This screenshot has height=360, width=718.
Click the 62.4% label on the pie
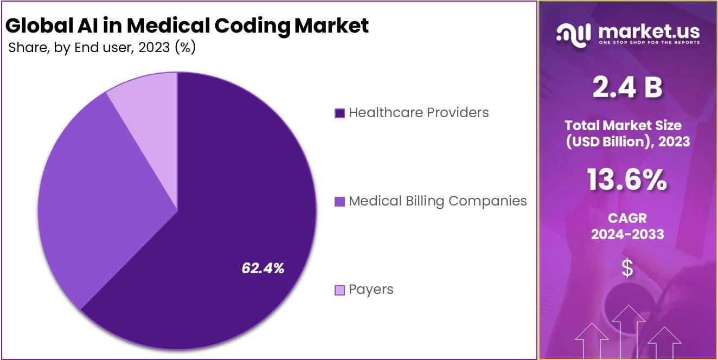pyautogui.click(x=263, y=268)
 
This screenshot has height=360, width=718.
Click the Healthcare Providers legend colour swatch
pyautogui.click(x=339, y=113)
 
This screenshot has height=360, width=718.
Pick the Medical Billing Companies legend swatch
pyautogui.click(x=339, y=202)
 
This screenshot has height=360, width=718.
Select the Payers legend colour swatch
pyautogui.click(x=339, y=290)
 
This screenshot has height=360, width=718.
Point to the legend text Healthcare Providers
pyautogui.click(x=419, y=113)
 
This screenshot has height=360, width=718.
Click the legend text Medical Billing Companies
pyautogui.click(x=438, y=201)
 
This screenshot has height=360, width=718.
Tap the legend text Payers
pyautogui.click(x=371, y=290)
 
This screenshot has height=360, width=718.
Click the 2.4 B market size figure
pyautogui.click(x=627, y=88)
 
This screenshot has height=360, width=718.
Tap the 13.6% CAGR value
pyautogui.click(x=627, y=181)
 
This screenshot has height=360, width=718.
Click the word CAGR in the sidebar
pyautogui.click(x=627, y=218)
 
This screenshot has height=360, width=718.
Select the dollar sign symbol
pyautogui.click(x=627, y=268)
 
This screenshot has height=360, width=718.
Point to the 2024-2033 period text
pyautogui.click(x=627, y=234)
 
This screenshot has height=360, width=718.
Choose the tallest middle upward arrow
pyautogui.click(x=628, y=331)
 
